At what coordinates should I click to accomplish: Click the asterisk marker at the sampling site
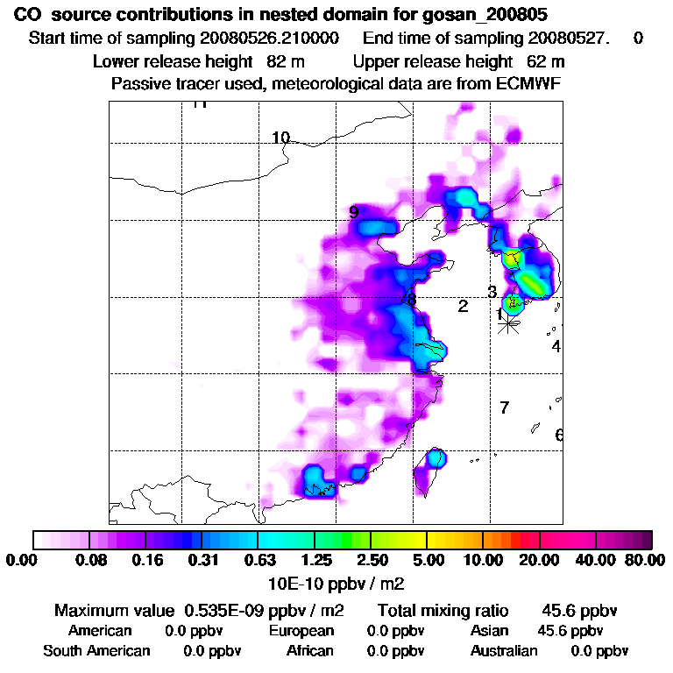pos(507,323)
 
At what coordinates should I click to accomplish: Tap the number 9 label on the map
pos(353,212)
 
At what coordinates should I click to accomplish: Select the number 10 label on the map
pos(280,138)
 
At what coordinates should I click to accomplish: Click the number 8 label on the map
pos(411,301)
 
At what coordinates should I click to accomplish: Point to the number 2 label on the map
pos(463,306)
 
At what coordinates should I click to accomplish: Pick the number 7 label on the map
pos(504,407)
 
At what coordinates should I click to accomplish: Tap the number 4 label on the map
pos(556,346)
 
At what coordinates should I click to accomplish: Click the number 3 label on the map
pos(492,292)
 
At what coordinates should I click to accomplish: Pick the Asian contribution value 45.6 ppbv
pos(570,631)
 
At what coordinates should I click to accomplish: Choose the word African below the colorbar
pos(309,651)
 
